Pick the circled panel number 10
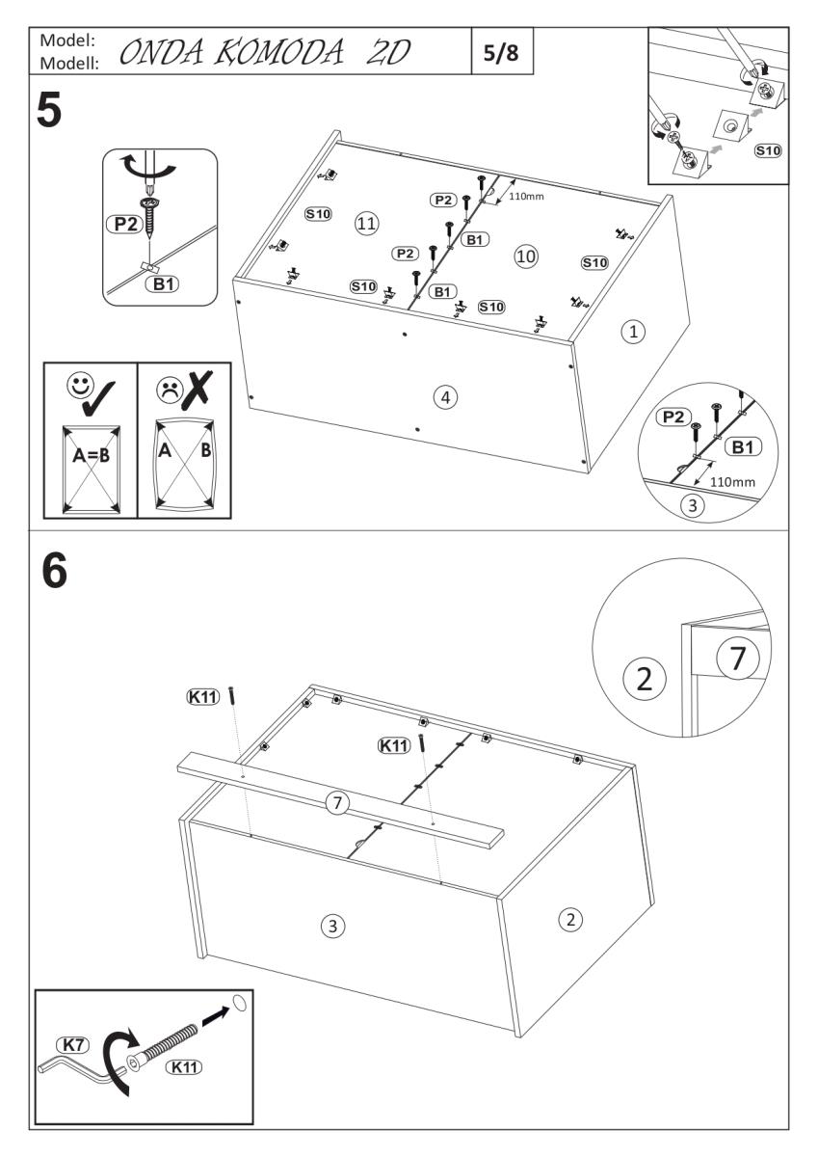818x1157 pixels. [526, 256]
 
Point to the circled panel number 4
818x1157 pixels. [444, 395]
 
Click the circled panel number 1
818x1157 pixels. [632, 332]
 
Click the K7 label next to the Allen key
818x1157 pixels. [72, 1044]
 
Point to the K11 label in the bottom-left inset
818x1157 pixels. [185, 1066]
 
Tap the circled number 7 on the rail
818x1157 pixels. [335, 803]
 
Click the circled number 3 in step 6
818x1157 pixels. [331, 926]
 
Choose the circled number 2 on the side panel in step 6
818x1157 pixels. [570, 919]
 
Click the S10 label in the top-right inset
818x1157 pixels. [768, 150]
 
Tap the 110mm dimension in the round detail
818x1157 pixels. [732, 481]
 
